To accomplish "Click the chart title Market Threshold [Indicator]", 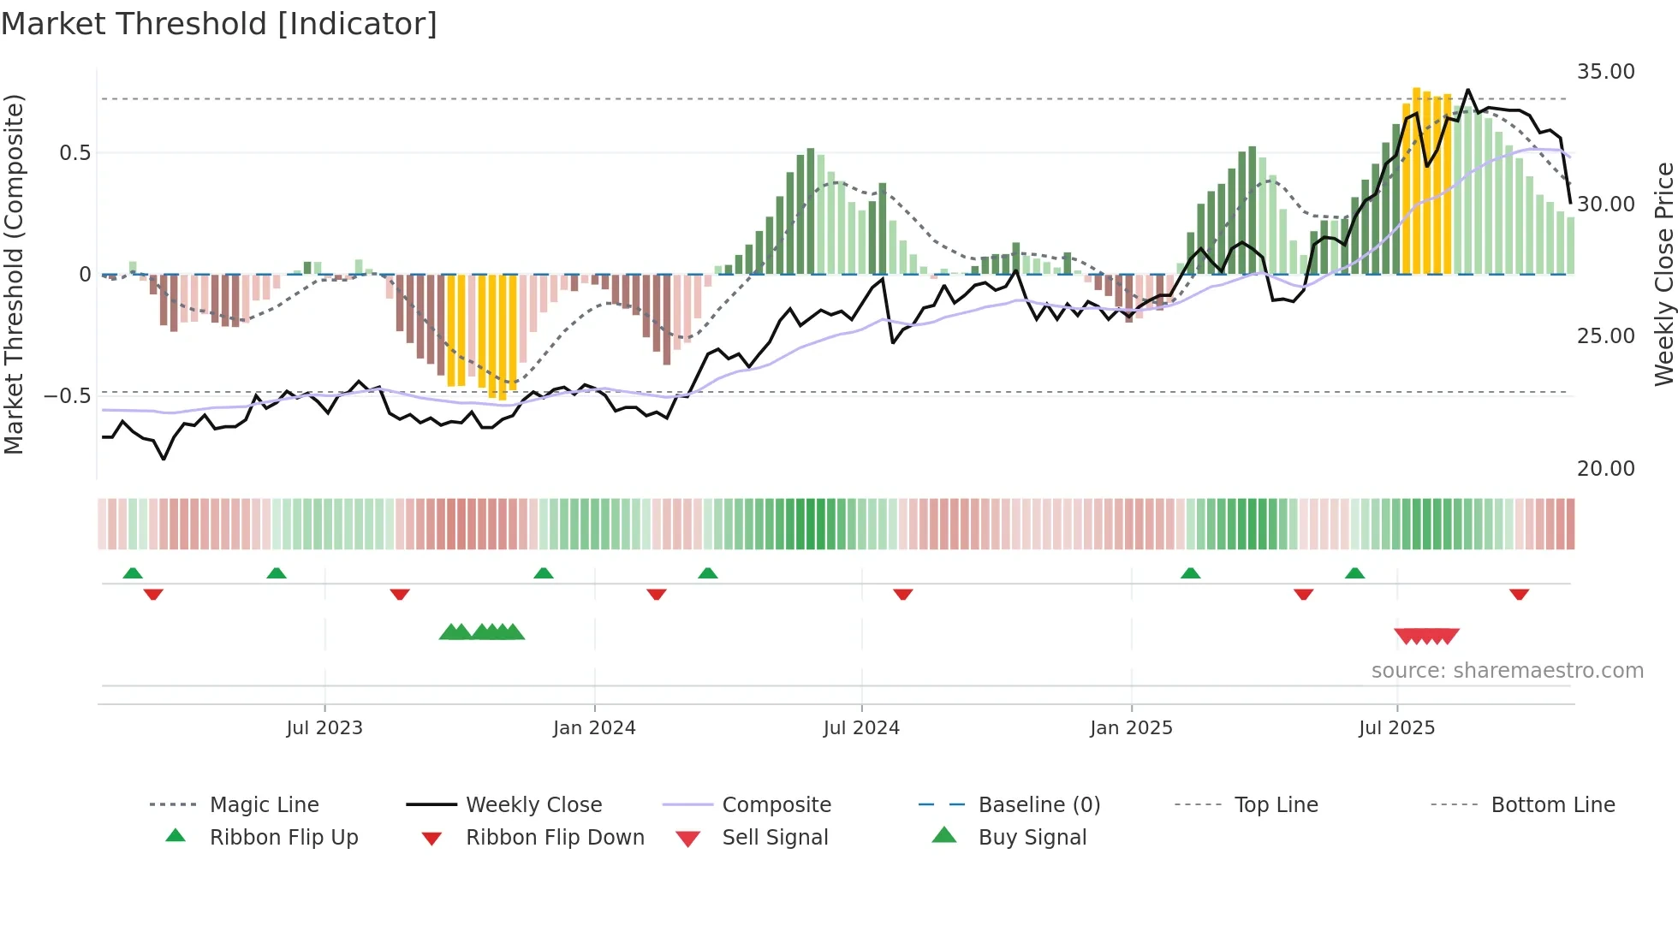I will pos(219,24).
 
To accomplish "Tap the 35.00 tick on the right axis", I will pos(1605,72).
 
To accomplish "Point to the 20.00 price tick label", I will pos(1605,469).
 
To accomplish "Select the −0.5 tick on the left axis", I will pos(67,396).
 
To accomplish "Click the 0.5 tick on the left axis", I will pos(74,153).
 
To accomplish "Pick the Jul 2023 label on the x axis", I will pos(324,728).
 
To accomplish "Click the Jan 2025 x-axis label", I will pos(1131,728).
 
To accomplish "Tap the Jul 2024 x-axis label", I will pos(861,728).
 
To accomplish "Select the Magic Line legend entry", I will pos(264,805).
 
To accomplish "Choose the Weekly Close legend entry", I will pos(533,805).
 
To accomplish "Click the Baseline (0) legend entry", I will pos(1038,805).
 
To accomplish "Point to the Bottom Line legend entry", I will pos(1552,805).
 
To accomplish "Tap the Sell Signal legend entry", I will pos(775,838).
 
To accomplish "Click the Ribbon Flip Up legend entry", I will pos(283,838).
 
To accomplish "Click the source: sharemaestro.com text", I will pos(1507,671).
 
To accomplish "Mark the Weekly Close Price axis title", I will pos(1663,274).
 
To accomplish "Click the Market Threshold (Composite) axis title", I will pos(14,274).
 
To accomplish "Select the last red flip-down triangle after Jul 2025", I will pos(1519,594).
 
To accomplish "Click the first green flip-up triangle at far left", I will pos(133,573).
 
